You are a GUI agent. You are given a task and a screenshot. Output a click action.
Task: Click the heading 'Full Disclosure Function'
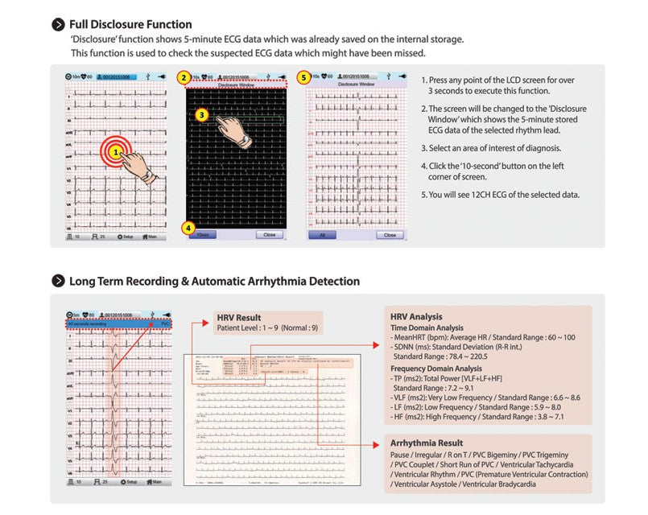pyautogui.click(x=130, y=25)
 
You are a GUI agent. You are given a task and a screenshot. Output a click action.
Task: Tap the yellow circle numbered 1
pyautogui.click(x=116, y=150)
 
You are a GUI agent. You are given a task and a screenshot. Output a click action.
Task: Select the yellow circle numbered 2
pyautogui.click(x=184, y=78)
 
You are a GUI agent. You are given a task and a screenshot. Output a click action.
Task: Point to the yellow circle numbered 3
pyautogui.click(x=203, y=115)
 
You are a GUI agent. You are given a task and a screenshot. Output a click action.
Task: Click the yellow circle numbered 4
pyautogui.click(x=188, y=228)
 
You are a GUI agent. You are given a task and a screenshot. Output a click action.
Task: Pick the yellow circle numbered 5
pyautogui.click(x=303, y=78)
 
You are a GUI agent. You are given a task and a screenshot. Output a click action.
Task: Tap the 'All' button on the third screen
pyautogui.click(x=322, y=235)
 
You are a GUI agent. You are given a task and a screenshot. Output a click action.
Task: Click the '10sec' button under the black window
pyautogui.click(x=204, y=235)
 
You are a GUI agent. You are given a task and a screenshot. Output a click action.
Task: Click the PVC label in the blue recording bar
pyautogui.click(x=166, y=323)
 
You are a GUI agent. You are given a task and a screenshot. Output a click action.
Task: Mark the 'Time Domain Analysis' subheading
pyautogui.click(x=427, y=328)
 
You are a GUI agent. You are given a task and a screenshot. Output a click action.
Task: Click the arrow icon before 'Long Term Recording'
pyautogui.click(x=58, y=282)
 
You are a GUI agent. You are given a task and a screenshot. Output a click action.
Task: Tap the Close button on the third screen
pyautogui.click(x=390, y=235)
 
